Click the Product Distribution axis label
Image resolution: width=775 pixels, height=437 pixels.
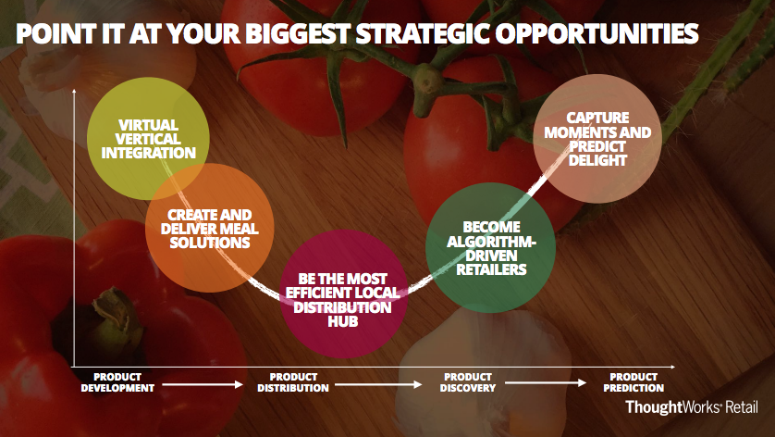click(x=293, y=382)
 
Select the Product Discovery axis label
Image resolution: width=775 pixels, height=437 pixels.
click(x=467, y=382)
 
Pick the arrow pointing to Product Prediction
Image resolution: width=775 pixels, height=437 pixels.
click(x=547, y=383)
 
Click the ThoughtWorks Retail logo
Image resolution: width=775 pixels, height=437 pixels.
click(x=691, y=407)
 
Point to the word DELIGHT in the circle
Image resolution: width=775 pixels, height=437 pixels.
click(x=597, y=160)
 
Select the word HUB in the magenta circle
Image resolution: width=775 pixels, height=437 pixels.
click(x=342, y=323)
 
